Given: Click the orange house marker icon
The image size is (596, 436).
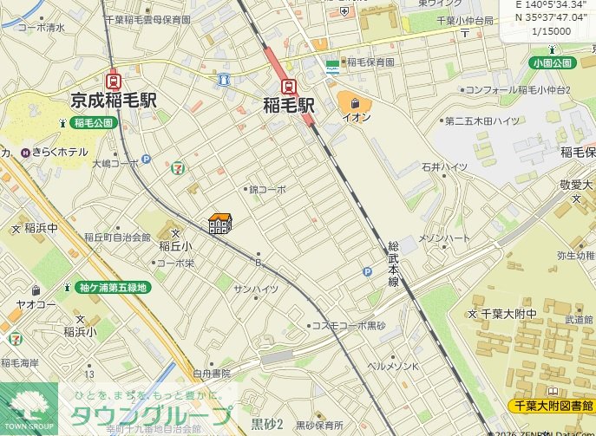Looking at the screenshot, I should pos(220,224).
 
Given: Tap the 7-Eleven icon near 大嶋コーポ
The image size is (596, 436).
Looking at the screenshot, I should pos(178,164).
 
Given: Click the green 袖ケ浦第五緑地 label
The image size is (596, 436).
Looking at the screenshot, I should pos(113,287).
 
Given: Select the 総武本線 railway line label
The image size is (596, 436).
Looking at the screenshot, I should pos(393,264).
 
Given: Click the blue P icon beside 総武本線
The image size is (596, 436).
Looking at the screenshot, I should pos(367,272).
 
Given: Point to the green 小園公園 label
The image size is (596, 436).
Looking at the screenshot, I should pos(553,63).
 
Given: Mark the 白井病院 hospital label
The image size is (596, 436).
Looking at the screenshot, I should pos(212,373).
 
